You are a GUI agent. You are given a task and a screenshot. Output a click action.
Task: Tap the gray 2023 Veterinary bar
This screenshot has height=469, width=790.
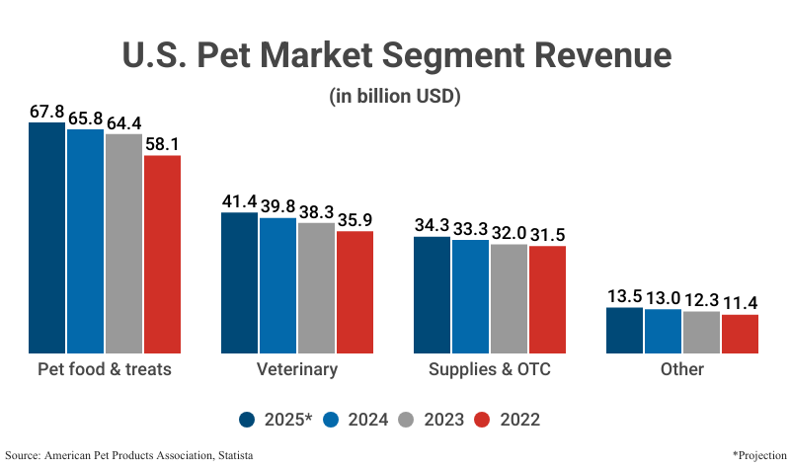click(316, 287)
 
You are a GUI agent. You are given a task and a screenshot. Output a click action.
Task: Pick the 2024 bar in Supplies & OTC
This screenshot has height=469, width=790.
click(470, 296)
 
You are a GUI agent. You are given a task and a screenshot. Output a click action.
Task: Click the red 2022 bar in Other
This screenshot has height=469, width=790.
click(740, 334)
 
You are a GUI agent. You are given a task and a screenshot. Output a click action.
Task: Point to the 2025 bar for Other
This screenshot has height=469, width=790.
click(623, 330)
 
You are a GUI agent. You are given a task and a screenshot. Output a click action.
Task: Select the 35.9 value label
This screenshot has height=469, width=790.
click(355, 219)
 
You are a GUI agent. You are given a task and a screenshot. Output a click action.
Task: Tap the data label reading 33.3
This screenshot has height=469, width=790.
click(470, 228)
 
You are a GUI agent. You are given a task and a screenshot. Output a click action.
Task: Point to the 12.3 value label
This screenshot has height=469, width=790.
click(701, 299)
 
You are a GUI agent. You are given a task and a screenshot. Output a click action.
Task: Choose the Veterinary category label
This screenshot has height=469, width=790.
click(297, 369)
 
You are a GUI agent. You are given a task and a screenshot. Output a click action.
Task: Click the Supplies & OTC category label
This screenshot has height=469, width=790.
click(489, 369)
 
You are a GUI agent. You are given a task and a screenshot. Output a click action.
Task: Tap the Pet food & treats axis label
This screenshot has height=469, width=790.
click(105, 369)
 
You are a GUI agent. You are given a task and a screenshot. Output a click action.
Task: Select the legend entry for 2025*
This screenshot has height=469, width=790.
click(276, 420)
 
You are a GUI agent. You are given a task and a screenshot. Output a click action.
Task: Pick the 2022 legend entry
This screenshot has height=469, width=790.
click(509, 420)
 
